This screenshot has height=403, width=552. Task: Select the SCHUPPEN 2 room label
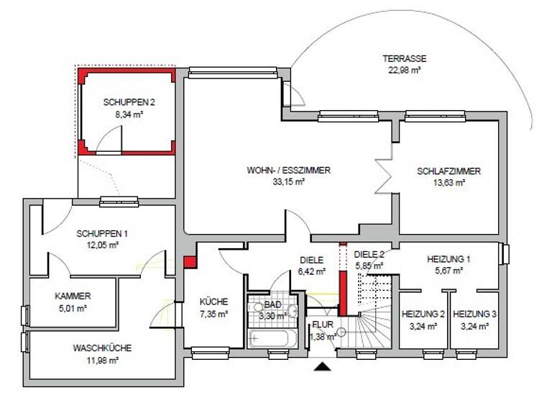pyautogui.click(x=129, y=101)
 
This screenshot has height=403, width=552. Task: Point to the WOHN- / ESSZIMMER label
pyautogui.click(x=288, y=171)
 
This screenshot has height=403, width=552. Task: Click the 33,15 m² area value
pyautogui.click(x=288, y=183)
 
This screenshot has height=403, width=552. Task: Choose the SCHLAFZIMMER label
pyautogui.click(x=448, y=171)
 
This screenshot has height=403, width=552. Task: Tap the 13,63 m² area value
pyautogui.click(x=448, y=183)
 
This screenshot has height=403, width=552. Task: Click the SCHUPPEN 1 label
pyautogui.click(x=102, y=233)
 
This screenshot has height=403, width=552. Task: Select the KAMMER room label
pyautogui.click(x=73, y=296)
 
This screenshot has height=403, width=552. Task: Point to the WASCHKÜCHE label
pyautogui.click(x=101, y=348)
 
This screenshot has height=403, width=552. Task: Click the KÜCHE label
pyautogui.click(x=213, y=302)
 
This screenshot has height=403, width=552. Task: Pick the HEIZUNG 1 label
pyautogui.click(x=448, y=259)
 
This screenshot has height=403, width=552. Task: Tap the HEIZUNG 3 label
pyautogui.click(x=475, y=314)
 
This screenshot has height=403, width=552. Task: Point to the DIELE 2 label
pyautogui.click(x=369, y=254)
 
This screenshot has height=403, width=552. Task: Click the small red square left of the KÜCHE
pyautogui.click(x=190, y=262)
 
